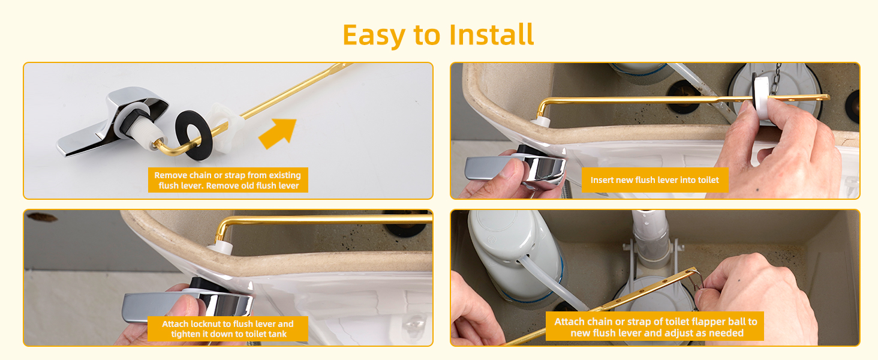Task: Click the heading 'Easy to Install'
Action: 438,35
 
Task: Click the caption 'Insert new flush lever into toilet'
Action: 654,180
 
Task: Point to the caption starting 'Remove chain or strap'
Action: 227,180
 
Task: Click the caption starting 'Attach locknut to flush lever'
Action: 227,329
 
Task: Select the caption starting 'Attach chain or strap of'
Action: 655,328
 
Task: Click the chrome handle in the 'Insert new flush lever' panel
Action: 516,168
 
